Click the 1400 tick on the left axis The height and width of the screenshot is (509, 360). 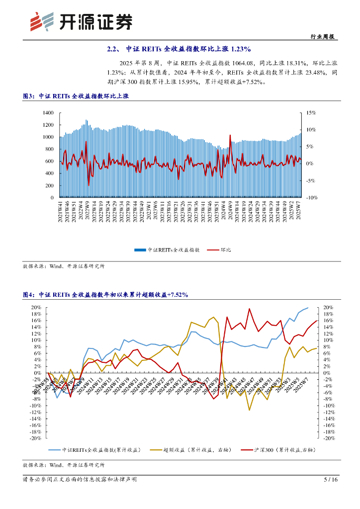(x=48, y=113)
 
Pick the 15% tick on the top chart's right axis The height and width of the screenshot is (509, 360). (x=311, y=113)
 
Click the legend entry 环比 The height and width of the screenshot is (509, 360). (x=215, y=251)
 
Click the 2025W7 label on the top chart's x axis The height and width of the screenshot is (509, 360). (x=298, y=212)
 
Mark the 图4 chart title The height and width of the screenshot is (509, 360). (x=105, y=295)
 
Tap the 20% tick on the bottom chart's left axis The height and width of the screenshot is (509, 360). (x=36, y=308)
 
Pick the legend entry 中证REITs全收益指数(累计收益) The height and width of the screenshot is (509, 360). (x=95, y=450)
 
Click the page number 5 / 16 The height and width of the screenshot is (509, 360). (x=331, y=480)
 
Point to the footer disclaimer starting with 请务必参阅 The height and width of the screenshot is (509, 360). (x=80, y=480)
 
